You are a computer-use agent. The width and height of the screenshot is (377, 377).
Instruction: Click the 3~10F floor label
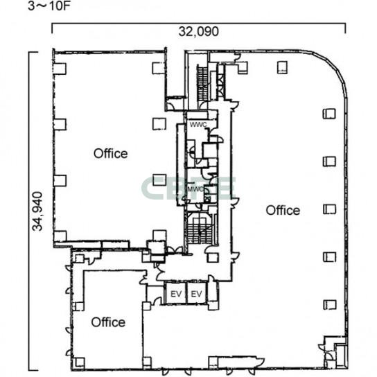(x=49, y=6)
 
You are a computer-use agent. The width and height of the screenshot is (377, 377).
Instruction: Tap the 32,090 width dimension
(x=199, y=31)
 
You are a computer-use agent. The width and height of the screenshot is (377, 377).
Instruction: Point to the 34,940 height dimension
(x=37, y=211)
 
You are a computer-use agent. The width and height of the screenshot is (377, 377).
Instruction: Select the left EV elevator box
(x=176, y=294)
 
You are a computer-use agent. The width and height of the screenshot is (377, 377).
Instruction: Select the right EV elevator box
(x=197, y=294)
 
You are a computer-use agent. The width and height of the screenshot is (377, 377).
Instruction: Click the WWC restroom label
(x=198, y=125)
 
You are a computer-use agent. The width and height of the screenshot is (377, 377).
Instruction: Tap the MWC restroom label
(x=195, y=189)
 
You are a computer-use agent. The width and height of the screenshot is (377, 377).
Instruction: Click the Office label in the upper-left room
(x=110, y=154)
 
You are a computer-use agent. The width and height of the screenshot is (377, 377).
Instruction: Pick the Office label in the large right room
(x=283, y=211)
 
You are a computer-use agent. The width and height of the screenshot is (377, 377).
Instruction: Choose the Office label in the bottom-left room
(x=108, y=322)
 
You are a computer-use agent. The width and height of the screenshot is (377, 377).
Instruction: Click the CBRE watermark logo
(x=188, y=188)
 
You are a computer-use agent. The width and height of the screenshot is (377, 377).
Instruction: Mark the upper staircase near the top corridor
(x=202, y=84)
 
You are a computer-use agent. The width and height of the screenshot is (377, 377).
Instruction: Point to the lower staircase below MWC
(x=200, y=231)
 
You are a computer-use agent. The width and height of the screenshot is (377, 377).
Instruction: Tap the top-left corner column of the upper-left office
(x=60, y=69)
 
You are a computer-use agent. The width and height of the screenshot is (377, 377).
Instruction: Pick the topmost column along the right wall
(x=329, y=114)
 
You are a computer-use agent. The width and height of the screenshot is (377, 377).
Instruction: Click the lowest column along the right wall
(x=329, y=305)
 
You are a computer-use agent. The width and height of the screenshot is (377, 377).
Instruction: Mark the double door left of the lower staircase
(x=175, y=249)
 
